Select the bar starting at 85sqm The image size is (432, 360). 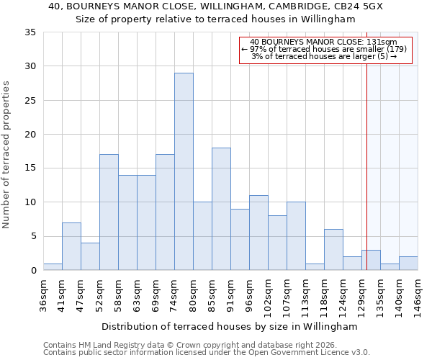click(x=221, y=209)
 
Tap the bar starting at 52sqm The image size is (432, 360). click(x=109, y=212)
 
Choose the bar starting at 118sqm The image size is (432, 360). click(x=333, y=249)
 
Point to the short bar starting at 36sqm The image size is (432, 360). click(x=53, y=266)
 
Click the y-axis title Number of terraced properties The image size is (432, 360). click(x=7, y=155)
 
